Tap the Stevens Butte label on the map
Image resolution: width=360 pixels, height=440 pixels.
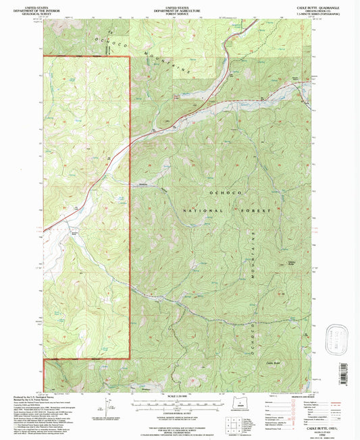(292, 264)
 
